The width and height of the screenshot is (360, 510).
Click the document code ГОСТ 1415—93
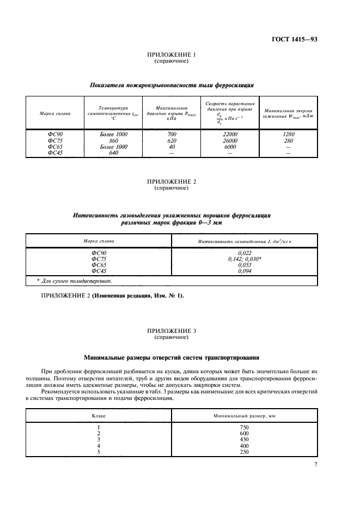pos(295,39)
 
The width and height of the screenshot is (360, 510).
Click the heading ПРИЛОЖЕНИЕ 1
pos(172,55)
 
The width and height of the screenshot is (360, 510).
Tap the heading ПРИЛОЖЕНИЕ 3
pos(172,331)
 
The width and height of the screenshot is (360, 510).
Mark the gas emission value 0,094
pos(245,271)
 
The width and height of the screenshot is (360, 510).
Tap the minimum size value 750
pos(244,427)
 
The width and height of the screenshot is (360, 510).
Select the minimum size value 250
pos(244,452)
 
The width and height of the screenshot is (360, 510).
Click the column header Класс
pos(99,415)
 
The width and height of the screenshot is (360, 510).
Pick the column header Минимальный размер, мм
pos(244,415)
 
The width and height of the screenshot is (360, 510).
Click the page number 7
pos(315,465)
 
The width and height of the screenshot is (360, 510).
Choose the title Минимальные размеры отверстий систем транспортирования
pos(172,358)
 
